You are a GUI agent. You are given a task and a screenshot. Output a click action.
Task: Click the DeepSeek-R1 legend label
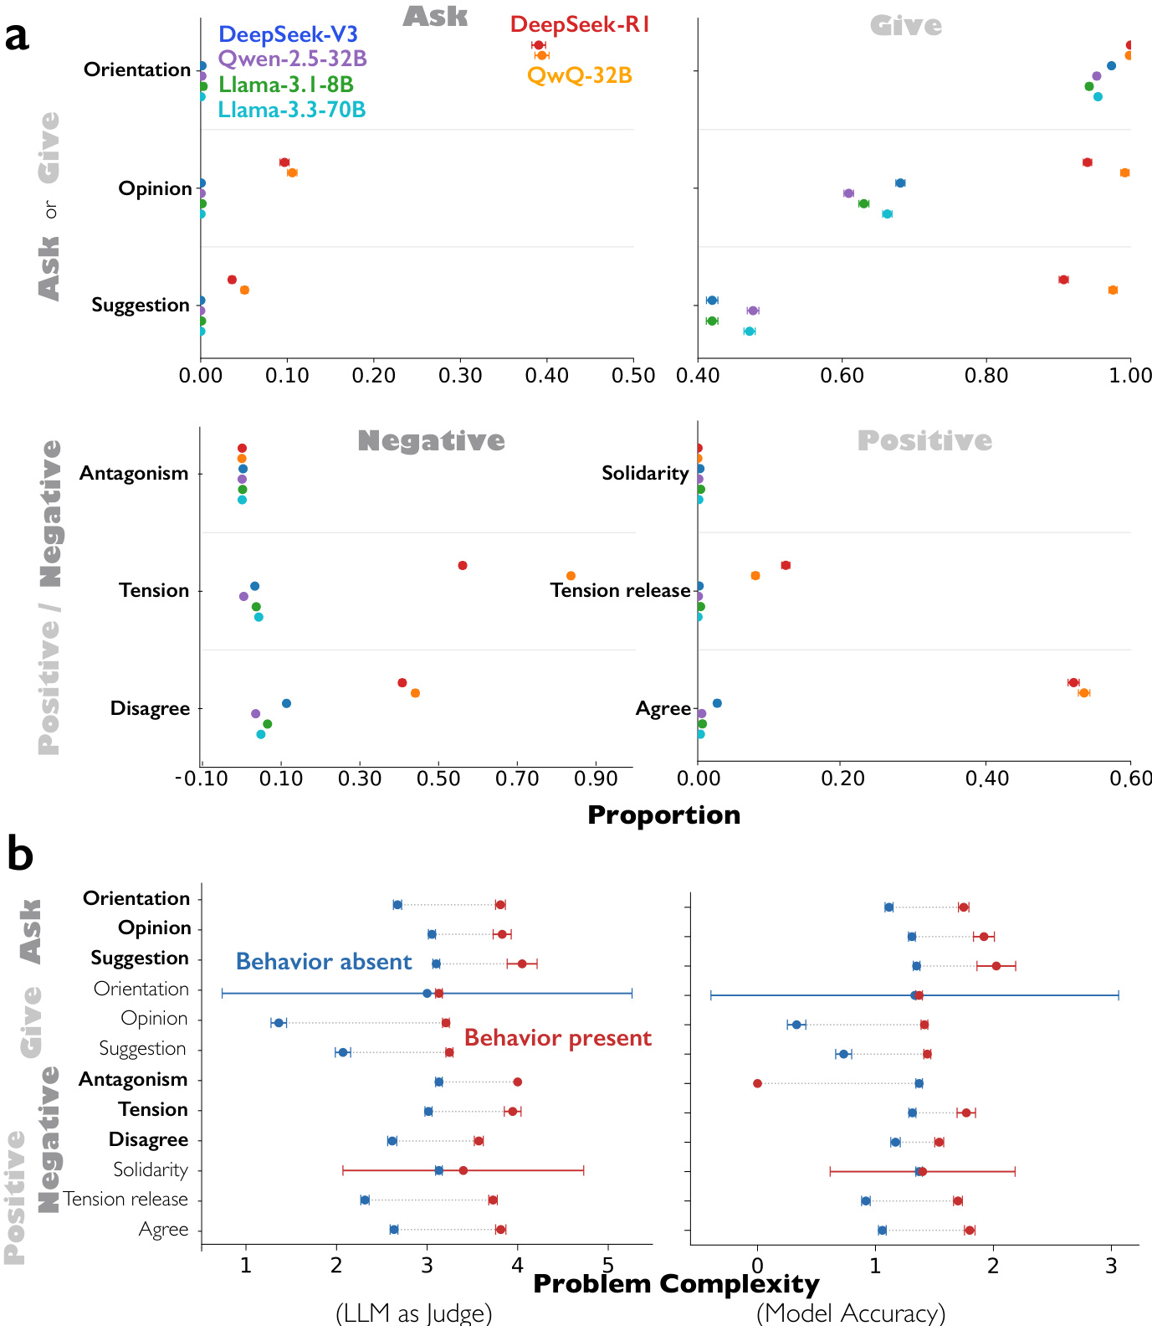point(580,25)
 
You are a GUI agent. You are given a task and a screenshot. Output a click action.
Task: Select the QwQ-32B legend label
point(579,75)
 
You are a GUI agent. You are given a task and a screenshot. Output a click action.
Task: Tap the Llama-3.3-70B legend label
point(291,110)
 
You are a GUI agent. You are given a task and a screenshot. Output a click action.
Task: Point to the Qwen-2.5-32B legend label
point(292,59)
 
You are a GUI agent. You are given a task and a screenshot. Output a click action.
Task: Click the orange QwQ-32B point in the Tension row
point(571,576)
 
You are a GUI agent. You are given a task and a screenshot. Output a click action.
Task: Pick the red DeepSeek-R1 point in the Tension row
point(463,566)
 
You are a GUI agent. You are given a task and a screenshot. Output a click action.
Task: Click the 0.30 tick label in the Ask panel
point(460,376)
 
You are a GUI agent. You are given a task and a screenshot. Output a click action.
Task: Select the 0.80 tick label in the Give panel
point(986,376)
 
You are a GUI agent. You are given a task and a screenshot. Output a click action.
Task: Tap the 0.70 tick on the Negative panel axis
point(518,779)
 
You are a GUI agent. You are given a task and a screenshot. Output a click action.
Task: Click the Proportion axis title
point(663,815)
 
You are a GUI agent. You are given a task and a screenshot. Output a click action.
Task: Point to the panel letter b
point(20,855)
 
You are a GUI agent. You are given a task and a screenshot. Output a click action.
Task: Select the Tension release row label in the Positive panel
point(620,591)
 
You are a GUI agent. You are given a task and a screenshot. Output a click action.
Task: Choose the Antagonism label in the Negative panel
point(134,474)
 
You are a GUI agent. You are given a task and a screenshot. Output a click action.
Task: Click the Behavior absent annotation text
point(324,962)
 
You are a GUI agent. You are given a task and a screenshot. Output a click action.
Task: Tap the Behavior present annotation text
point(557,1038)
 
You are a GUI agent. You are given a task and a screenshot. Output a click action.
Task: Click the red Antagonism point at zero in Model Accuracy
point(757,1083)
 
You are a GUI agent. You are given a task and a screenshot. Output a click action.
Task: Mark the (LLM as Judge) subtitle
point(413,1313)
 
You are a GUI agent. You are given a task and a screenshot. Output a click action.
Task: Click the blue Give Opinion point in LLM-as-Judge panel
point(279,1023)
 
